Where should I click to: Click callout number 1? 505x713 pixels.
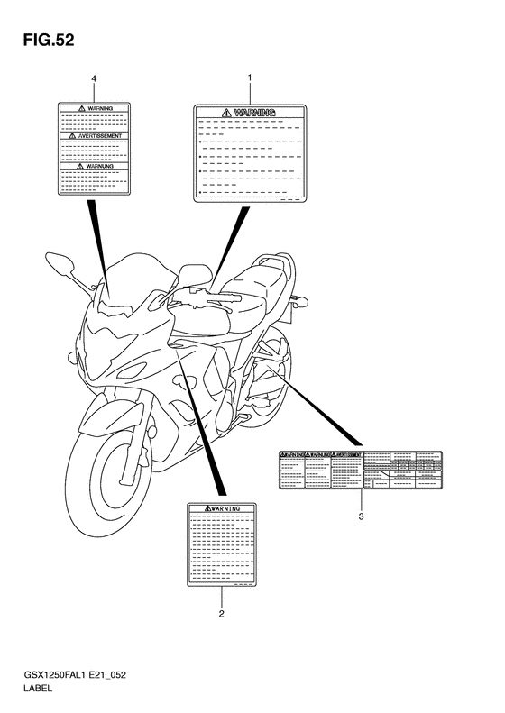(249, 79)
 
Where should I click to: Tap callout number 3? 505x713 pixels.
(361, 516)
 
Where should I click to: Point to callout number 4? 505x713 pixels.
(94, 79)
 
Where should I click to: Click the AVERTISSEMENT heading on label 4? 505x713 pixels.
(94, 135)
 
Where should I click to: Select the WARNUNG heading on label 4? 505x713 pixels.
(94, 167)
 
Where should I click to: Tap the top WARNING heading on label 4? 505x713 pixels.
(94, 107)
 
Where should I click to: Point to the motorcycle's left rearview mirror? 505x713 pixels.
(61, 263)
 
